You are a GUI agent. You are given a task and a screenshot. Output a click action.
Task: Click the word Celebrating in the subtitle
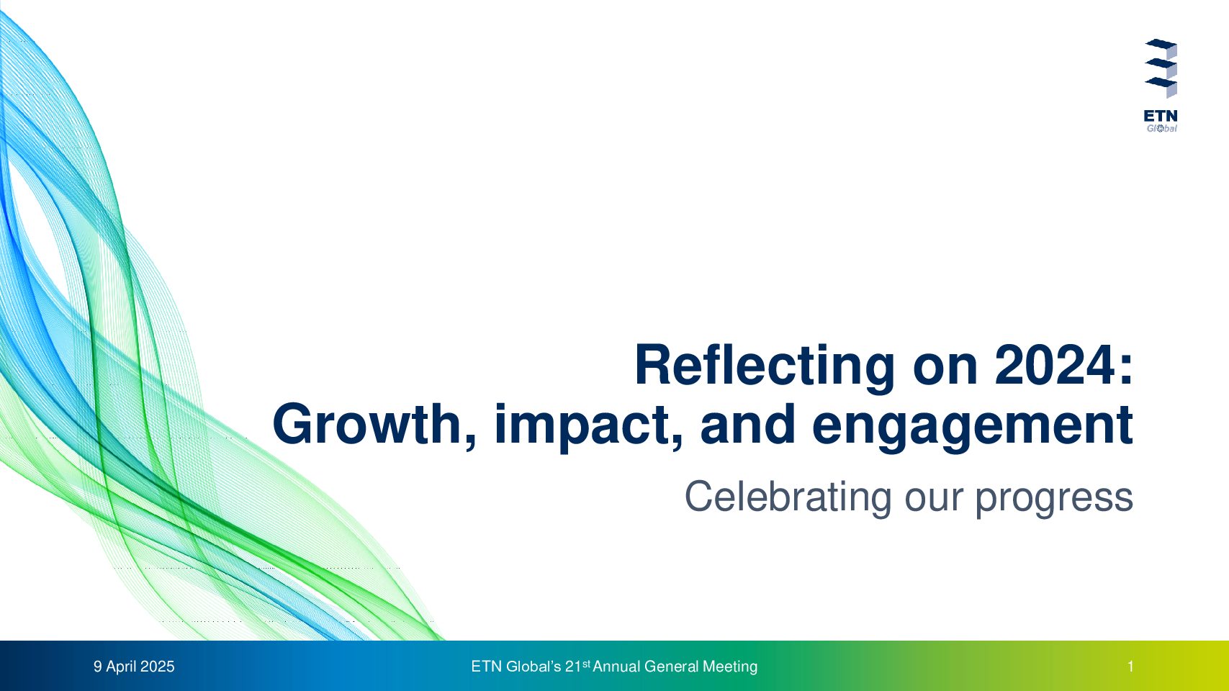(788, 497)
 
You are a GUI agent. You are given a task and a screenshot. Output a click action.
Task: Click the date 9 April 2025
(134, 667)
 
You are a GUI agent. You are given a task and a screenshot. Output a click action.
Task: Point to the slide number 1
(1130, 667)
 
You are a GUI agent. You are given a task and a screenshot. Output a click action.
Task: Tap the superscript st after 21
(586, 664)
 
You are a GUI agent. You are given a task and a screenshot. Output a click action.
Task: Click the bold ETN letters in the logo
(1161, 117)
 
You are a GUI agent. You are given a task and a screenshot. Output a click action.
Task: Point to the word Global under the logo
(1161, 128)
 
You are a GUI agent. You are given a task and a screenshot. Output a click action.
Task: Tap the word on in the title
(945, 369)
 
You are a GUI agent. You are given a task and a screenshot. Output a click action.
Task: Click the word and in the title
(748, 425)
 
